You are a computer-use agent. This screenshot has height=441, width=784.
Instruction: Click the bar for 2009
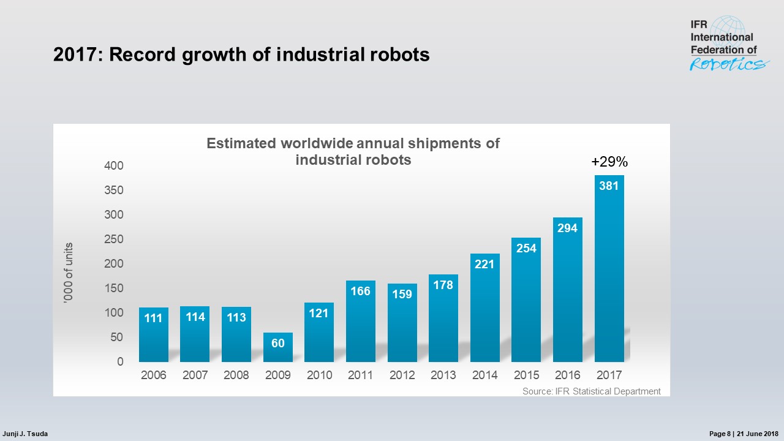[x=278, y=347]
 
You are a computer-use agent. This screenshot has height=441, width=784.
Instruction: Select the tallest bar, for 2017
[x=609, y=269]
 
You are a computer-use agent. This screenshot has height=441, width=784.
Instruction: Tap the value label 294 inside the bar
[x=567, y=228]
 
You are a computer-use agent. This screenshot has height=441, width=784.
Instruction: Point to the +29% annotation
[x=609, y=162]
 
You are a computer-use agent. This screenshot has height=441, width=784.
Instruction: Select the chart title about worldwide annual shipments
[x=353, y=151]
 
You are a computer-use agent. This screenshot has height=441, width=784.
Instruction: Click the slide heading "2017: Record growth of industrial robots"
[x=241, y=55]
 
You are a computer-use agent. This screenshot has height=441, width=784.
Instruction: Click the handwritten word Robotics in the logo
[x=729, y=64]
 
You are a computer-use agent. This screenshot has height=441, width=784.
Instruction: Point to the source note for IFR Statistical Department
[x=591, y=391]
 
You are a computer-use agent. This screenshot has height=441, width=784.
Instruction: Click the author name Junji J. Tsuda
[x=26, y=434]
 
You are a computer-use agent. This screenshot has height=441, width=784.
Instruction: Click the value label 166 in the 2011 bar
[x=360, y=292]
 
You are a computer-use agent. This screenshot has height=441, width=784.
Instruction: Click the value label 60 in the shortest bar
[x=278, y=344]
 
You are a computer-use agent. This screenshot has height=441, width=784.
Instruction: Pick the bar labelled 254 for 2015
[x=526, y=300]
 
